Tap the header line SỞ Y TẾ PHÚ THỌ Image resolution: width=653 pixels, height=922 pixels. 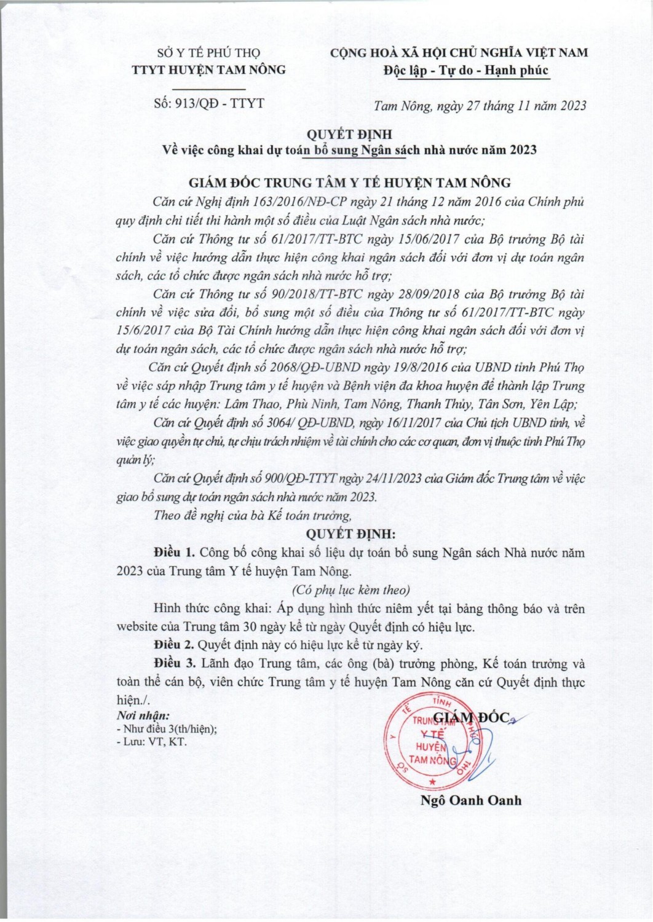210,53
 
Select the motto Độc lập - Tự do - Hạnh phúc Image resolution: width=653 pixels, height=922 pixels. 465,70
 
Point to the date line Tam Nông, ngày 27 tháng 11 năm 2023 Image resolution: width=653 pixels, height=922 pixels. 480,106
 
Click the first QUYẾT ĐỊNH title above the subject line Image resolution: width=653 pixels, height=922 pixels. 349,134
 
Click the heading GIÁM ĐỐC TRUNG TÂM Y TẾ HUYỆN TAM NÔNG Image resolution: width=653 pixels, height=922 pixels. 349,183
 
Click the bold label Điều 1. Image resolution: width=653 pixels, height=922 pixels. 174,553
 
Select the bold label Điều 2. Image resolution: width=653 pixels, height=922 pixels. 174,645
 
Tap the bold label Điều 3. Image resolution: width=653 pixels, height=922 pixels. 174,664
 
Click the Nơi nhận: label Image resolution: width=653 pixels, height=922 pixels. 143,715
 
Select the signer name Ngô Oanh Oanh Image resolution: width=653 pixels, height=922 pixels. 471,800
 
